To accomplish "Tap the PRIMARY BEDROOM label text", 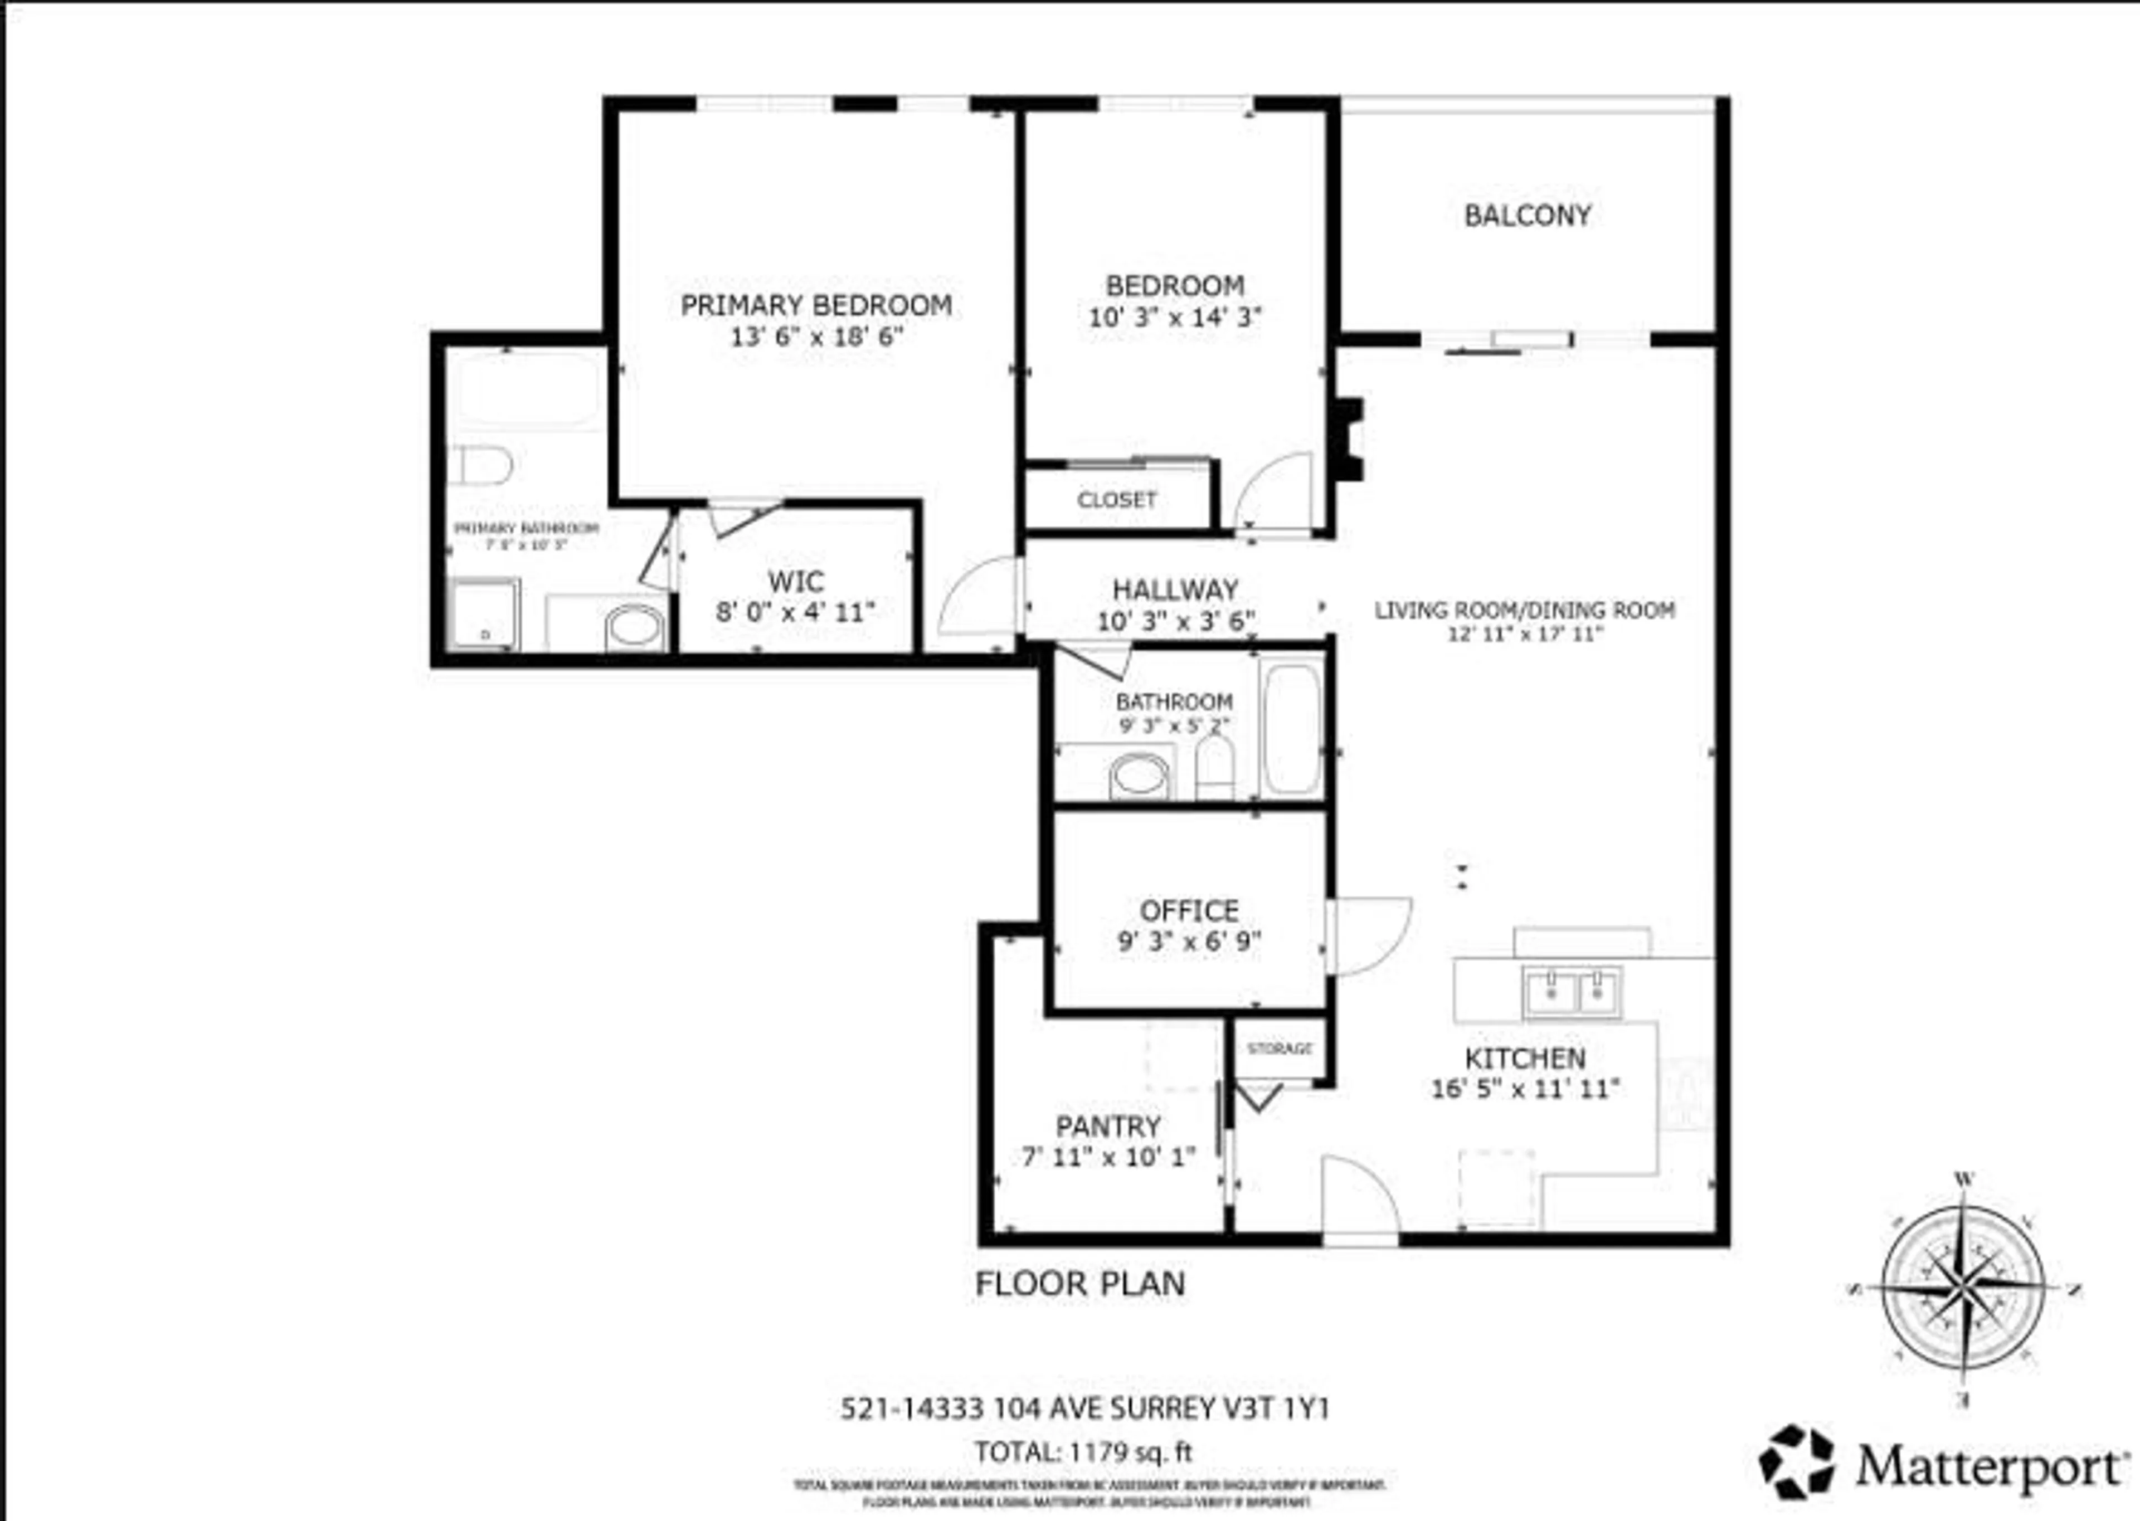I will pos(816,305).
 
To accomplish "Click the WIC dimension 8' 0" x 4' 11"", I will pos(795,612).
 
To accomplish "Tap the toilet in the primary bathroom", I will pos(481,465).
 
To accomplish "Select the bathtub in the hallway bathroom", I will pos(1291,728).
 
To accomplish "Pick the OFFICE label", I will pos(1189,910).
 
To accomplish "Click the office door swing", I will pos(1369,935).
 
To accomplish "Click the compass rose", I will pos(1963,1290).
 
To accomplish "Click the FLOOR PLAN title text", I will pos(1080,1283).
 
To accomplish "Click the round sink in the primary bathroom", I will pos(634,627).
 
